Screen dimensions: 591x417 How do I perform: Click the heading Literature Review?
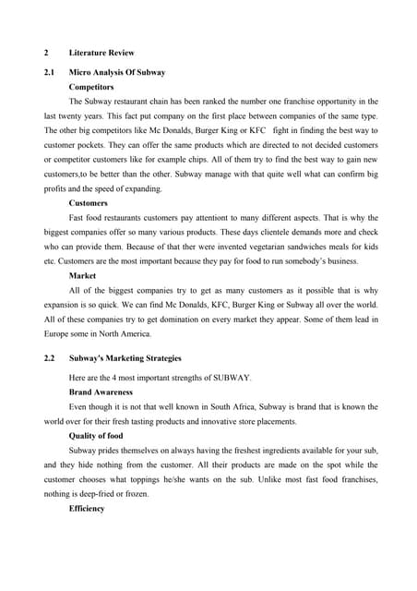(x=101, y=53)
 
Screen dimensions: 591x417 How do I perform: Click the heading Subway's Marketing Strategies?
(x=125, y=357)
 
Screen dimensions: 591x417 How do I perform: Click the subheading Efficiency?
(x=87, y=509)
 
